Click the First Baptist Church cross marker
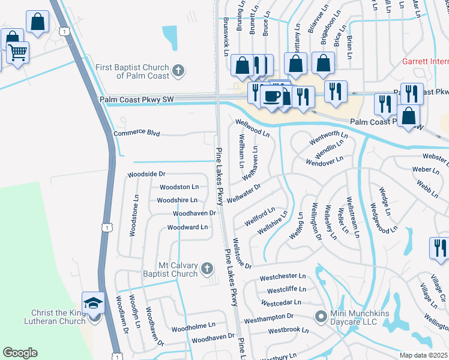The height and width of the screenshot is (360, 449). coord(178,71)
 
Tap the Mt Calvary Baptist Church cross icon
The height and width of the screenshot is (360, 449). coord(207,269)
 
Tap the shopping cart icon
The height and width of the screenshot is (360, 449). coord(17,52)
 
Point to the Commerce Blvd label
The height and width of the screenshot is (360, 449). coord(133,133)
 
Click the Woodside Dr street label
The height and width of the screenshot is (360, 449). coord(145,174)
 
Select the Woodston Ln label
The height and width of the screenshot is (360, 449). coord(178,187)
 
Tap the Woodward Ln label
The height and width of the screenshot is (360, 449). coord(187,227)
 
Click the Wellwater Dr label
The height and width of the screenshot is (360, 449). coord(244,193)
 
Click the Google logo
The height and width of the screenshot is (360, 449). coord(20,353)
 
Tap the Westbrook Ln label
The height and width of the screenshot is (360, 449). coord(288,330)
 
